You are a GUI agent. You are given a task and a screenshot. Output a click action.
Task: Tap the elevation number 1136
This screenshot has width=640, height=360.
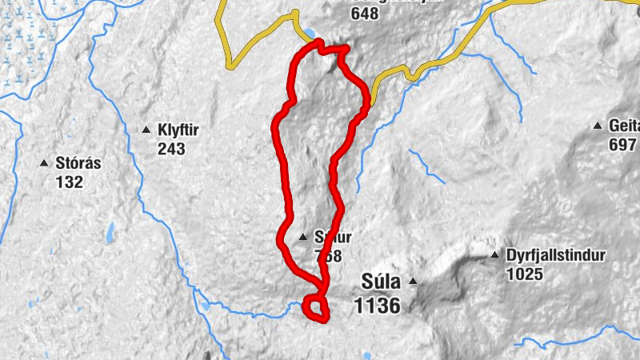pos(377,305)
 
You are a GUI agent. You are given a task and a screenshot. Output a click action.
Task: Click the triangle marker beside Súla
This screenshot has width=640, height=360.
pos(413,281)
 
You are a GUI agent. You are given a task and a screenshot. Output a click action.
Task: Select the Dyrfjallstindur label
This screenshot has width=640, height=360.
pos(556,257)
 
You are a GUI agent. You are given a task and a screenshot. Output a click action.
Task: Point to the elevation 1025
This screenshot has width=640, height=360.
pos(525,274)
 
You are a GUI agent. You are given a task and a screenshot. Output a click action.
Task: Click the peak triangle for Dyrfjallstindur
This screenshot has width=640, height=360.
pos(494,256)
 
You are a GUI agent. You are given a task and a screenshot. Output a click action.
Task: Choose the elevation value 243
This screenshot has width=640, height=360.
pos(172,149)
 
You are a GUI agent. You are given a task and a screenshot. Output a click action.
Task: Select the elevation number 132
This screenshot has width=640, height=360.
pos(70,182)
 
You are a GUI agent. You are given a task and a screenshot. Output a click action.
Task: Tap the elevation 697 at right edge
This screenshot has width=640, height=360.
pos(622,144)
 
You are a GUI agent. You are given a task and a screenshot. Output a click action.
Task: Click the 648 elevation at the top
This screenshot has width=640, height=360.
pos(365,13)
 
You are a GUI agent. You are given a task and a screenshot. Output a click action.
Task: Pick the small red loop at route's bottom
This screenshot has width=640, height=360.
pos(317,308)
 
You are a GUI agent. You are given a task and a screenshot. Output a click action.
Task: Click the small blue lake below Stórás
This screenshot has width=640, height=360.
pos(110,235)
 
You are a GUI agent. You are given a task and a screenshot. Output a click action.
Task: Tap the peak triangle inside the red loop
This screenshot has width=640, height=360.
pos(302,238)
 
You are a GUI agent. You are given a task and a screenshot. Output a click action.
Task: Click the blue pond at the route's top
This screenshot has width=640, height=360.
pos(309,34)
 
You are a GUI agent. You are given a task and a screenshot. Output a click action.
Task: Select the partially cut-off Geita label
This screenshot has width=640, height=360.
pos(624,126)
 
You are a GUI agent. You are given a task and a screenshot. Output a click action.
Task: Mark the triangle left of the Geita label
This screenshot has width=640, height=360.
pos(597,126)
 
